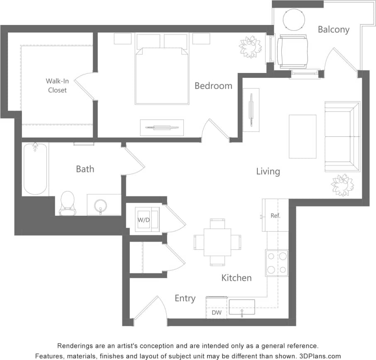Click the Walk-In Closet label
57,85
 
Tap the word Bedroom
213,86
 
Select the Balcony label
333,29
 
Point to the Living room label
268,171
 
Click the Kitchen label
236,277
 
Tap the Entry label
185,298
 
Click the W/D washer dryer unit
144,219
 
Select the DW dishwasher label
217,313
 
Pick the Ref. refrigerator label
276,216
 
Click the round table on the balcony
294,19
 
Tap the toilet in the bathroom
67,203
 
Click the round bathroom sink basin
100,205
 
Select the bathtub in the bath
35,169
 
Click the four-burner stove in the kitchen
277,263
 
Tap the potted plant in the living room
342,185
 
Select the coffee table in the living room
302,136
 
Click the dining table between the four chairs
217,242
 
